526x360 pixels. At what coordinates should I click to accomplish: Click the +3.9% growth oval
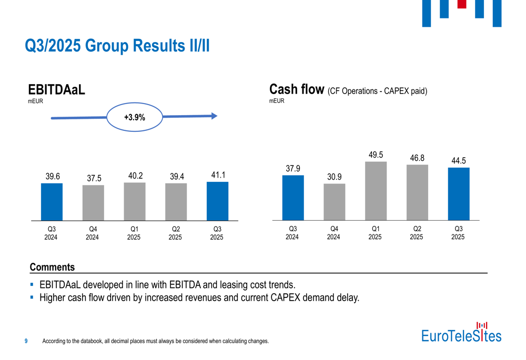[135, 118]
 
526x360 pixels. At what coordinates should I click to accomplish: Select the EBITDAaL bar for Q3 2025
[217, 201]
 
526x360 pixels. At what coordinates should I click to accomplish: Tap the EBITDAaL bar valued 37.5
[93, 202]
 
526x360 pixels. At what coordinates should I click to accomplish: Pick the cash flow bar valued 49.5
[376, 190]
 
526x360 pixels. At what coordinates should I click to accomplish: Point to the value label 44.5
[459, 161]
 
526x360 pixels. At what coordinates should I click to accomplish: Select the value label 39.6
[52, 177]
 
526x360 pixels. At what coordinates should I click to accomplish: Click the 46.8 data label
[417, 158]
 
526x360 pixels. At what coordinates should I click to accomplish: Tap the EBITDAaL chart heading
[56, 90]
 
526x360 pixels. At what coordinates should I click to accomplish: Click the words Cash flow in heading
[296, 89]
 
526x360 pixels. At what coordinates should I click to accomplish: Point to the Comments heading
[52, 267]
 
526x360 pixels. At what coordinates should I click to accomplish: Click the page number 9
[26, 341]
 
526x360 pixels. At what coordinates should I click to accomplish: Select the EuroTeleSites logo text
[461, 335]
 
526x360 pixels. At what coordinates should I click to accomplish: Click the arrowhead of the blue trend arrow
[214, 116]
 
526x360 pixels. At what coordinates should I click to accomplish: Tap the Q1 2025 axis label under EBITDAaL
[134, 233]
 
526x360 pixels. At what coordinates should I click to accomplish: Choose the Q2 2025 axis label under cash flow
[417, 233]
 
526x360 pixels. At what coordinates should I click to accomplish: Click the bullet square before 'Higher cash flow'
[32, 297]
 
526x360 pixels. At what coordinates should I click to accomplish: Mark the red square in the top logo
[462, 4]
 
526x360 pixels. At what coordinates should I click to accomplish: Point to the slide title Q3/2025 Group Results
[117, 46]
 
